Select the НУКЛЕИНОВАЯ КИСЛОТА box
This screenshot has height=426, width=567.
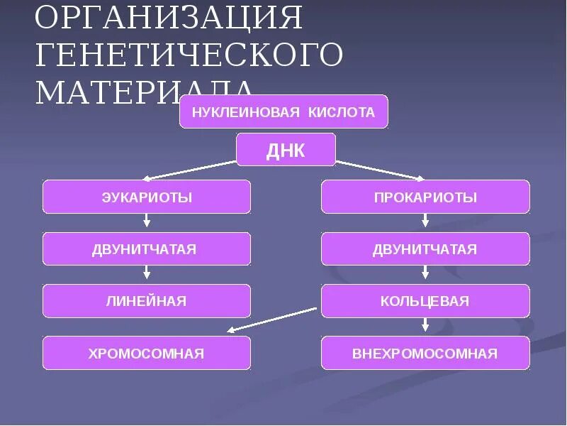coord(283,111)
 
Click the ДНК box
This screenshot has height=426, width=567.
coord(285,149)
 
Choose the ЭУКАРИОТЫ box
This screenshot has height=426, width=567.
coord(147,197)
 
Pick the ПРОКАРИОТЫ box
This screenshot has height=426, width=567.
coord(425,197)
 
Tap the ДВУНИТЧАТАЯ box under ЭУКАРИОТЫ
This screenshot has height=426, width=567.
coord(147,249)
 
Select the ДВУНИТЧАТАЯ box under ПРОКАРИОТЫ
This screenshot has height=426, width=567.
coord(425,249)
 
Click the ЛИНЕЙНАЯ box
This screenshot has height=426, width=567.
coord(147,301)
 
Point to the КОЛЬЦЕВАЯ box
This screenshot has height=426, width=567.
coord(425,301)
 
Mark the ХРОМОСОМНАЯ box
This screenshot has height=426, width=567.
coord(147,353)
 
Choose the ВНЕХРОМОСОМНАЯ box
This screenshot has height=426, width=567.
coord(425,353)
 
